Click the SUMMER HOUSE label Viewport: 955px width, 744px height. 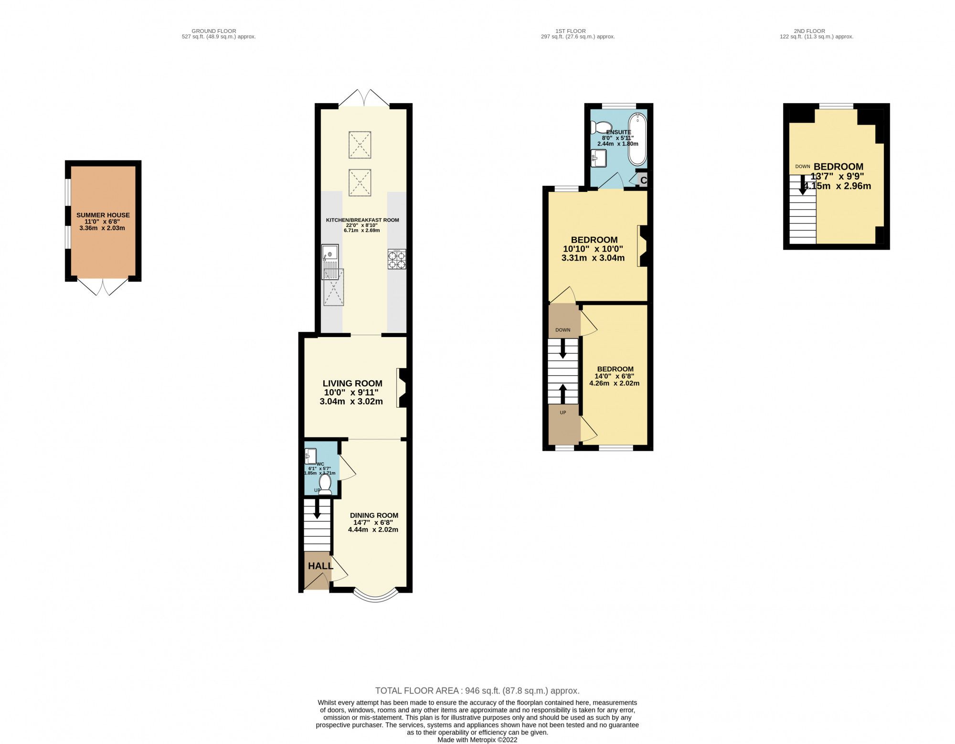click(103, 215)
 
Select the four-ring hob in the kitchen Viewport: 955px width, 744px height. click(397, 259)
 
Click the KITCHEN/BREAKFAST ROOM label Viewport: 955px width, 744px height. click(362, 220)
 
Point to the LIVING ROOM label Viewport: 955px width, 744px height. click(352, 383)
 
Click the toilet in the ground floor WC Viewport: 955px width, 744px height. click(326, 483)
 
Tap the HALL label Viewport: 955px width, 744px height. click(320, 566)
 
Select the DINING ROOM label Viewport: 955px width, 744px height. click(374, 515)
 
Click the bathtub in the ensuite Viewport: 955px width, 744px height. click(637, 138)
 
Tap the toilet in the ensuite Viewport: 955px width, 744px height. click(597, 128)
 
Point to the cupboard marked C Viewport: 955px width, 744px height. click(643, 181)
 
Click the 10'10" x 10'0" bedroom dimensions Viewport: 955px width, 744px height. click(593, 249)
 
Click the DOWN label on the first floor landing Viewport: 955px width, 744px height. click(563, 330)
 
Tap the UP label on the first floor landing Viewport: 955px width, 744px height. click(563, 413)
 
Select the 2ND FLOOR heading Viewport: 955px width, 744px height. click(809, 31)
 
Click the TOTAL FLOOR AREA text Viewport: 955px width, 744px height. click(477, 691)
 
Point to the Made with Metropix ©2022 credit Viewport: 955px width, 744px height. click(477, 740)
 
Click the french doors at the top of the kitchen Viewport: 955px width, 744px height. click(364, 98)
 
